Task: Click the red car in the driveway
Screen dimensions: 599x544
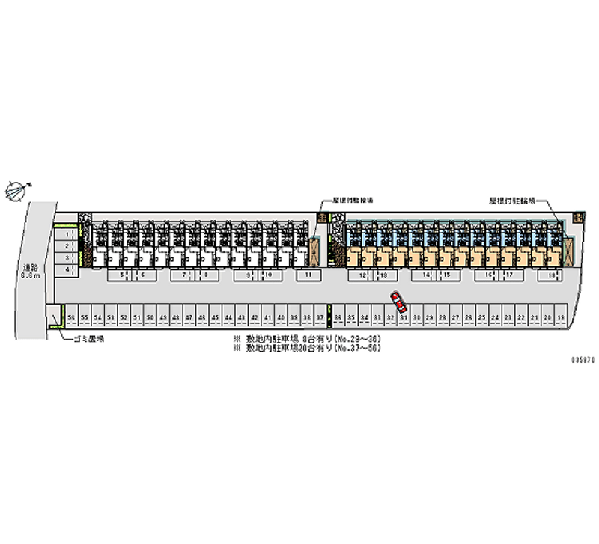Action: coord(398,302)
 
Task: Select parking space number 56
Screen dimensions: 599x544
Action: coord(71,318)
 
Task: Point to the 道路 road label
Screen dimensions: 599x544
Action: coord(30,267)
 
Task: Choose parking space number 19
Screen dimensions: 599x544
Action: coord(559,318)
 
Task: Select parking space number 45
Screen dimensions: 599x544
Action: coord(215,318)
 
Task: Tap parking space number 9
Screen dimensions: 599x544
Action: coord(247,275)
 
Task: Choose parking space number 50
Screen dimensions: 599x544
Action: coord(150,318)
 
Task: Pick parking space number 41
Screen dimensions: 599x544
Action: coord(267,318)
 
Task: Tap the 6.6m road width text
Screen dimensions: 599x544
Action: coord(30,275)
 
